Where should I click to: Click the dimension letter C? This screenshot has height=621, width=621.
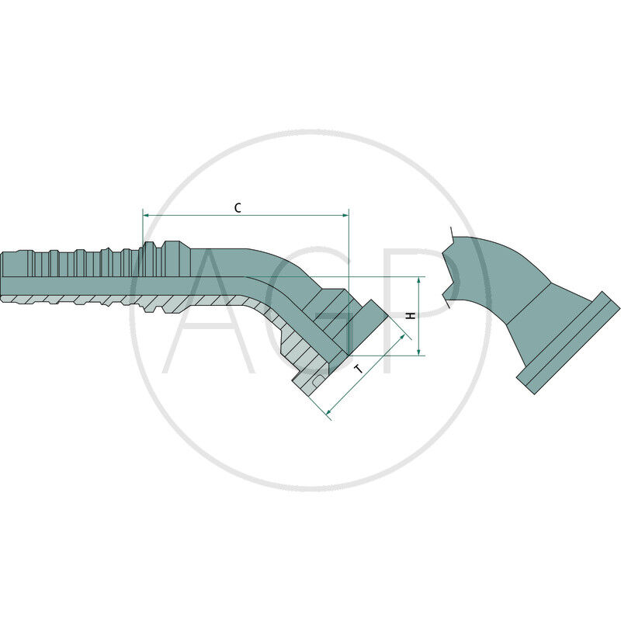click(238, 207)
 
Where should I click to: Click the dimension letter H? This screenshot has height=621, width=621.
click(411, 316)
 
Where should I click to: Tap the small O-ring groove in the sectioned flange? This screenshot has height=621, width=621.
click(319, 380)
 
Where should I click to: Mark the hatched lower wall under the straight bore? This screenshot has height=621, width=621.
click(93, 300)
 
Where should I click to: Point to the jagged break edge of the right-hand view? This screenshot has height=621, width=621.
click(449, 268)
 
